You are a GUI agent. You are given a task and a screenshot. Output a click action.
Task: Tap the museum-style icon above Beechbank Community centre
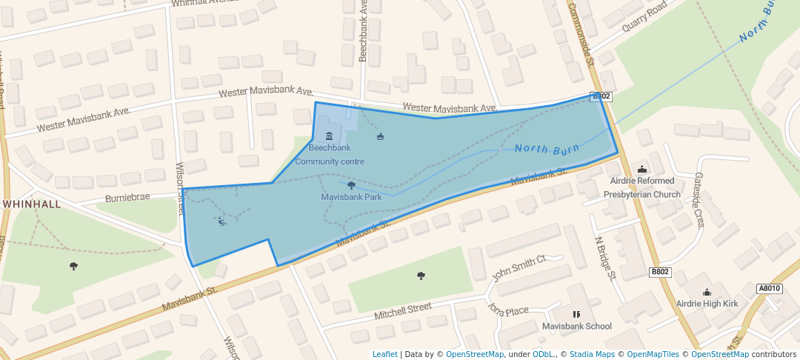click(329, 136)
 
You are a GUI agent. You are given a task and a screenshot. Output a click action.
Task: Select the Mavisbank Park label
click(351, 197)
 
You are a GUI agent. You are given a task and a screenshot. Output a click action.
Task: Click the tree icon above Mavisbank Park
click(351, 185)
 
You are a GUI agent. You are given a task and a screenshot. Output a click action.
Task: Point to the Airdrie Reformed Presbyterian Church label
click(641, 187)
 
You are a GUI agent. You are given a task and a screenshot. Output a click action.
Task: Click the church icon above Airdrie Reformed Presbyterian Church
click(641, 169)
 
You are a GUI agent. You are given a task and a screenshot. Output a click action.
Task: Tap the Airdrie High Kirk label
click(707, 304)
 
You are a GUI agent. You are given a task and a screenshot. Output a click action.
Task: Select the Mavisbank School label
click(576, 326)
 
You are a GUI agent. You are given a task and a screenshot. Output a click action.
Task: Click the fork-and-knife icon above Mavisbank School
click(576, 314)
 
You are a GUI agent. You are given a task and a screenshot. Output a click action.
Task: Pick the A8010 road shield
click(770, 288)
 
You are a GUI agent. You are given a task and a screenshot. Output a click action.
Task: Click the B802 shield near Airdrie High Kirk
click(660, 272)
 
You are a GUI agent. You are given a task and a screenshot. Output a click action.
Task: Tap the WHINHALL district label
click(31, 203)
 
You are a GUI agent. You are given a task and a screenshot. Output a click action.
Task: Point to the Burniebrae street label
click(127, 198)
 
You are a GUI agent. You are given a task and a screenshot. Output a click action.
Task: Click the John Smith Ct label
click(519, 267)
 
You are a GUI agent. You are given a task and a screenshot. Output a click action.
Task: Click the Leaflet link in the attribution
click(384, 354)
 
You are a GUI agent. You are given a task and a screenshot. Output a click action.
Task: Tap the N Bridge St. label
click(605, 259)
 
